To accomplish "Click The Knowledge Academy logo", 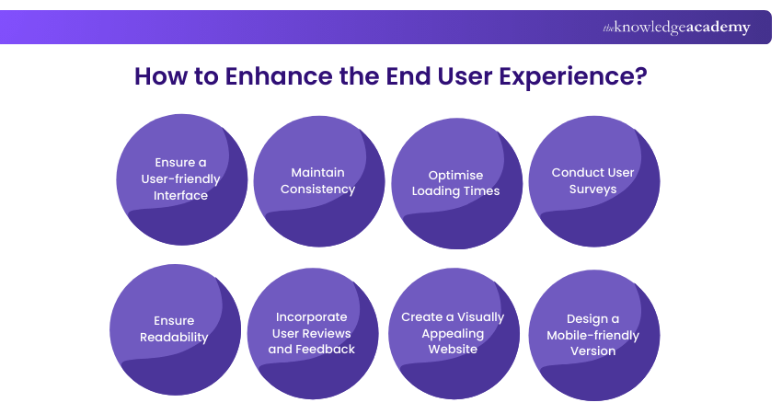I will click(x=676, y=28).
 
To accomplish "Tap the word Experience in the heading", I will click(x=563, y=76).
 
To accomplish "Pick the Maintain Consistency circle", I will click(x=318, y=181).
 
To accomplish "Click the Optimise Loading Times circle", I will click(x=456, y=183).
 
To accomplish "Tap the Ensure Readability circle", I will click(x=175, y=329).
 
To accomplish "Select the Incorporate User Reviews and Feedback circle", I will click(x=313, y=333).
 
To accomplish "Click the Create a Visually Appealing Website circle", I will click(x=453, y=333).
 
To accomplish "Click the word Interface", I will click(x=181, y=195).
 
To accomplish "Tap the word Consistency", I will click(x=317, y=189).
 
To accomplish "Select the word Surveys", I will click(x=592, y=189).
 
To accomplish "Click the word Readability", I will click(x=174, y=337).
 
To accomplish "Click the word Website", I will click(x=453, y=349).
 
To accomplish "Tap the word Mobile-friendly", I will click(x=592, y=335).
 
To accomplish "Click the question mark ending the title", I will click(x=640, y=76).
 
